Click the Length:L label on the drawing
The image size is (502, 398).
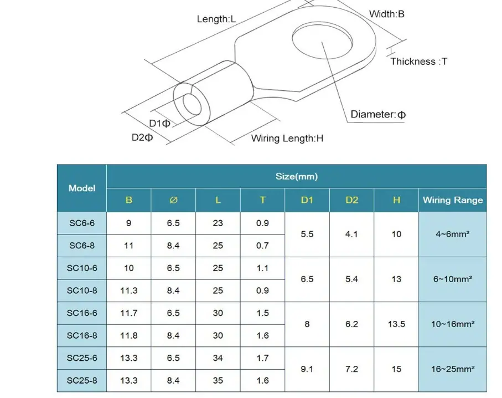click(x=216, y=19)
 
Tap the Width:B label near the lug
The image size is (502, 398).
click(x=387, y=14)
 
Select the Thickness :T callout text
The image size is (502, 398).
click(x=419, y=62)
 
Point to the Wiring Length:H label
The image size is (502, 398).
click(x=287, y=138)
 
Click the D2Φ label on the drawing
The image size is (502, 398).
click(x=142, y=137)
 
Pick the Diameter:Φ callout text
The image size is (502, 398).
click(x=378, y=115)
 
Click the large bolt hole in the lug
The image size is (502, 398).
click(x=322, y=40)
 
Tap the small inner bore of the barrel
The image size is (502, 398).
click(x=192, y=105)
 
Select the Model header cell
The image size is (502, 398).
click(x=82, y=188)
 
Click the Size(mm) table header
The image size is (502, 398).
click(x=297, y=176)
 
